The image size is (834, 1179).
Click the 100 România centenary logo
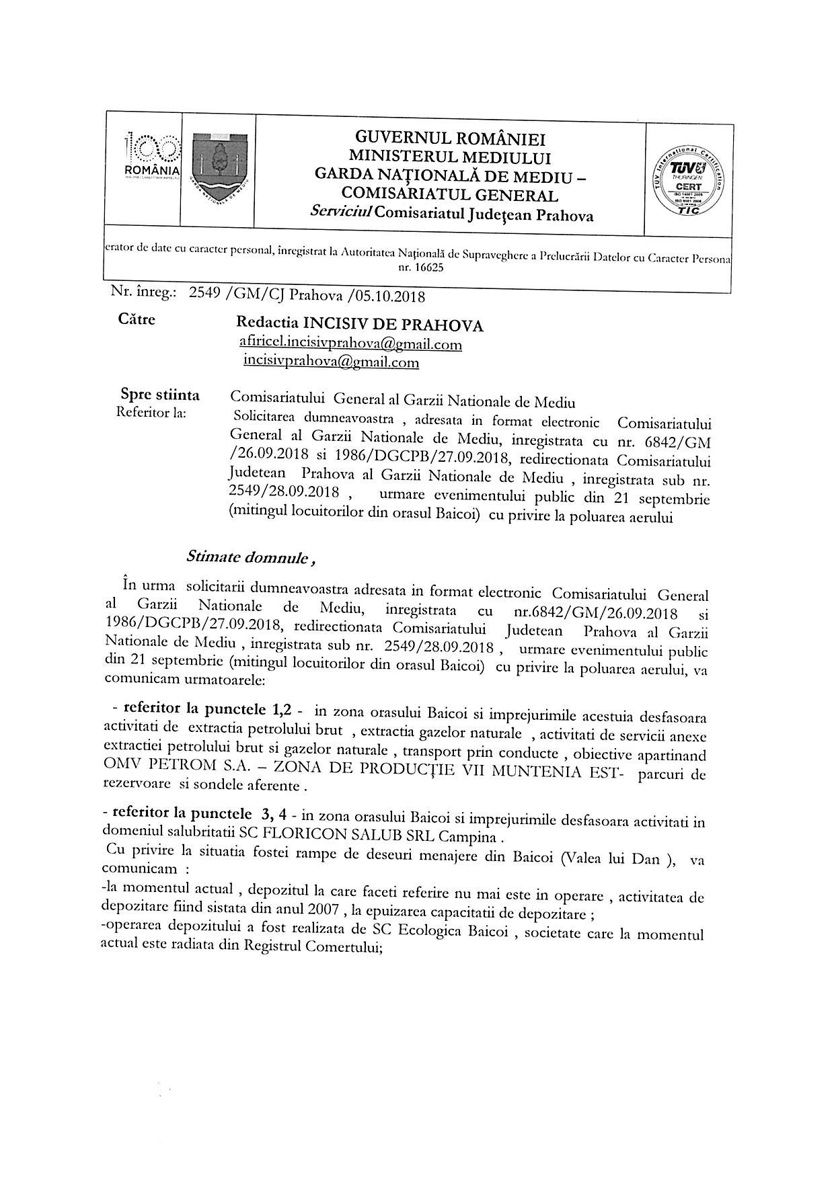pyautogui.click(x=153, y=157)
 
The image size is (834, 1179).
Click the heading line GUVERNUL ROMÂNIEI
pyautogui.click(x=450, y=139)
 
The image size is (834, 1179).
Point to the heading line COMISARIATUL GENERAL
pyautogui.click(x=449, y=196)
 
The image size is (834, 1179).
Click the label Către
pyautogui.click(x=137, y=319)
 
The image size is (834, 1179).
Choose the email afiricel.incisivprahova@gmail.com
pyautogui.click(x=350, y=344)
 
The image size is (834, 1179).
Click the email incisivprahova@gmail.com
pyautogui.click(x=331, y=362)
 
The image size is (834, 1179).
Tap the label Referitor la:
pyautogui.click(x=152, y=412)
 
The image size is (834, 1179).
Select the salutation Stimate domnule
pyautogui.click(x=247, y=558)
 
